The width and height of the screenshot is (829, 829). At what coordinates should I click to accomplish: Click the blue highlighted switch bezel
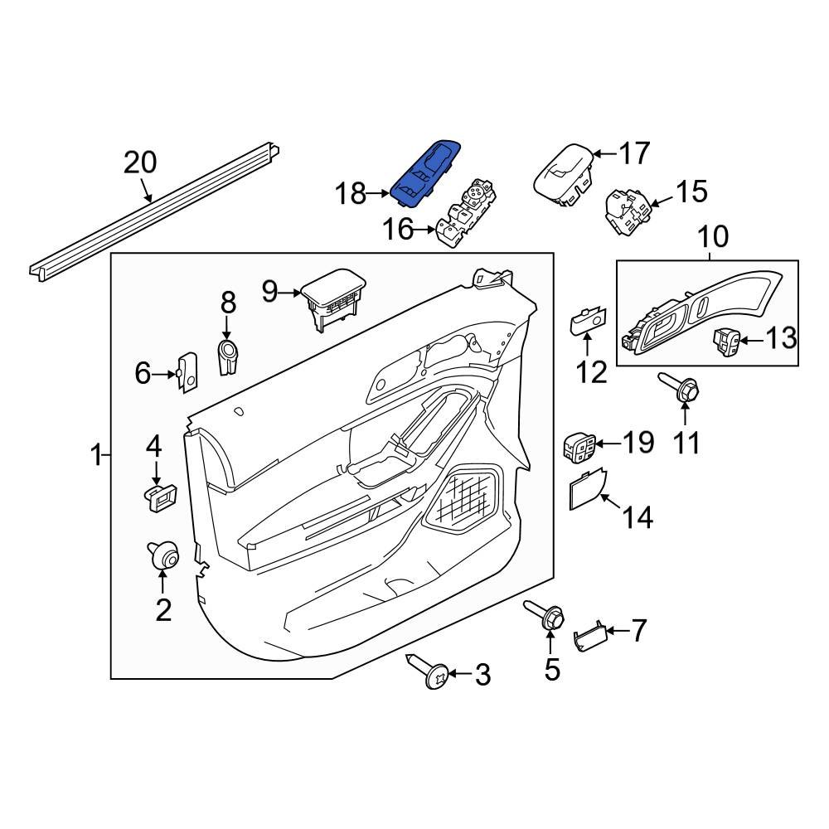pyautogui.click(x=426, y=172)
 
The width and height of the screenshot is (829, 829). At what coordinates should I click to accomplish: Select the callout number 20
pyautogui.click(x=139, y=162)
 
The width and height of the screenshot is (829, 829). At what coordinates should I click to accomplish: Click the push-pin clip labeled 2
pyautogui.click(x=164, y=555)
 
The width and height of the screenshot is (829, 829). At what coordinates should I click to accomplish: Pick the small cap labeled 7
pyautogui.click(x=590, y=636)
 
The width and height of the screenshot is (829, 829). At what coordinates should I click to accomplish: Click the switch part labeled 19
pyautogui.click(x=577, y=446)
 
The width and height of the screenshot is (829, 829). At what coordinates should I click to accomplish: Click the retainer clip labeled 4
pyautogui.click(x=159, y=497)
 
